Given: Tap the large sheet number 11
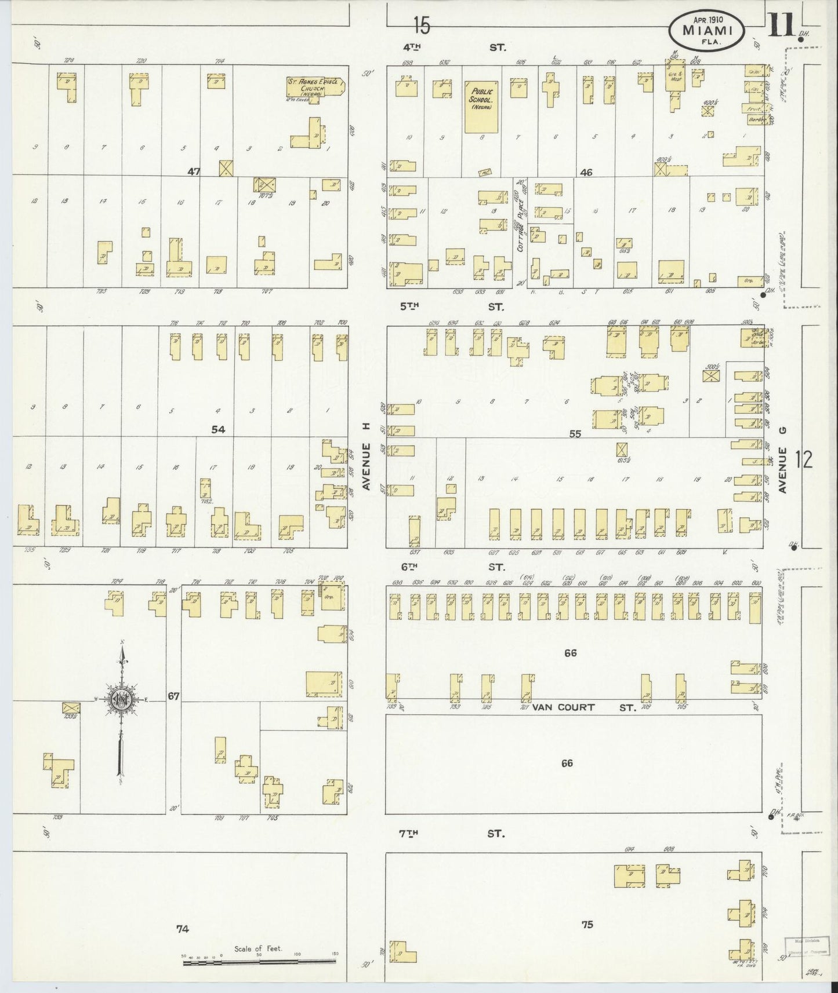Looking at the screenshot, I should [x=781, y=26].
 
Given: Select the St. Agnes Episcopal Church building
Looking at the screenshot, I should [x=315, y=86].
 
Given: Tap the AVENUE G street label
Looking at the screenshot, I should [x=782, y=470].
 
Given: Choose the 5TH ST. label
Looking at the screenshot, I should [x=454, y=306].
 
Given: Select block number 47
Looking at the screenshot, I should [x=194, y=171].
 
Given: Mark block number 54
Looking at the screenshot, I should [x=218, y=429].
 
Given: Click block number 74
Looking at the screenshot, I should [x=183, y=929].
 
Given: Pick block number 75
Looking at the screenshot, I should [x=587, y=924].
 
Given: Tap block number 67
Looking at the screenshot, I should [x=173, y=696].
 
